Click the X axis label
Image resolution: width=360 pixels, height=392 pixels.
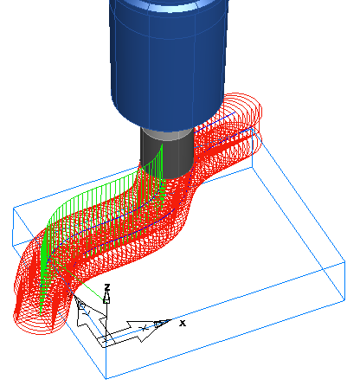coord(183,323)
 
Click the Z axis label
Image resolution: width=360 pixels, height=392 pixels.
coord(106,286)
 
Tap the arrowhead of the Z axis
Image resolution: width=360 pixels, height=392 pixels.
coord(106,297)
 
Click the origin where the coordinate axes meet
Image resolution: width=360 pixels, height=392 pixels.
coord(106,338)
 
